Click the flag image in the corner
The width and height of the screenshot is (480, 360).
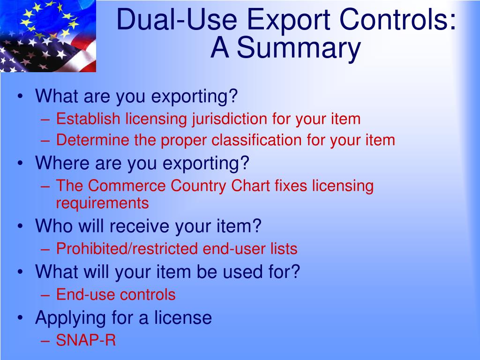coord(48,36)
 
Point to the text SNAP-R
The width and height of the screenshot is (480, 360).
coord(86,340)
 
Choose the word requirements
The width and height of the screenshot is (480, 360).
coord(102,203)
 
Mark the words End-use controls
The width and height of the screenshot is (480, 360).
coord(116,294)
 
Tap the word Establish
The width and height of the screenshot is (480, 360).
coord(88,119)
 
